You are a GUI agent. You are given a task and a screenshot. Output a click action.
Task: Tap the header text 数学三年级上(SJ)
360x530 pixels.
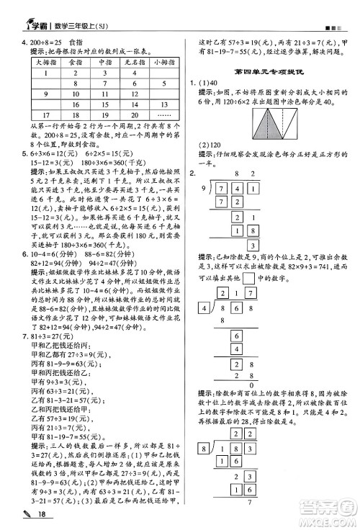[x=80, y=9]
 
